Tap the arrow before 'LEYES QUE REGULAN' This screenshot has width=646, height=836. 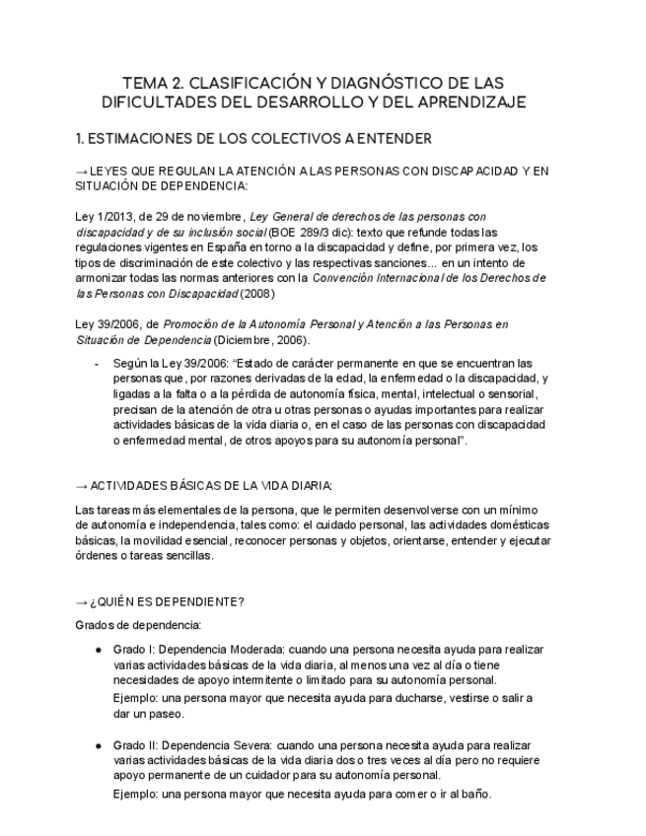(82, 172)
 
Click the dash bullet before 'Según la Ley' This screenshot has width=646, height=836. (96, 364)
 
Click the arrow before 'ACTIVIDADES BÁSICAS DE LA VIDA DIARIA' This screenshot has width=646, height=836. (82, 486)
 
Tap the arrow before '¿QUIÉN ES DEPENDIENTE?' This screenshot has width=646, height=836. (82, 602)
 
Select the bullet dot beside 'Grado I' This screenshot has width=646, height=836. (99, 651)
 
